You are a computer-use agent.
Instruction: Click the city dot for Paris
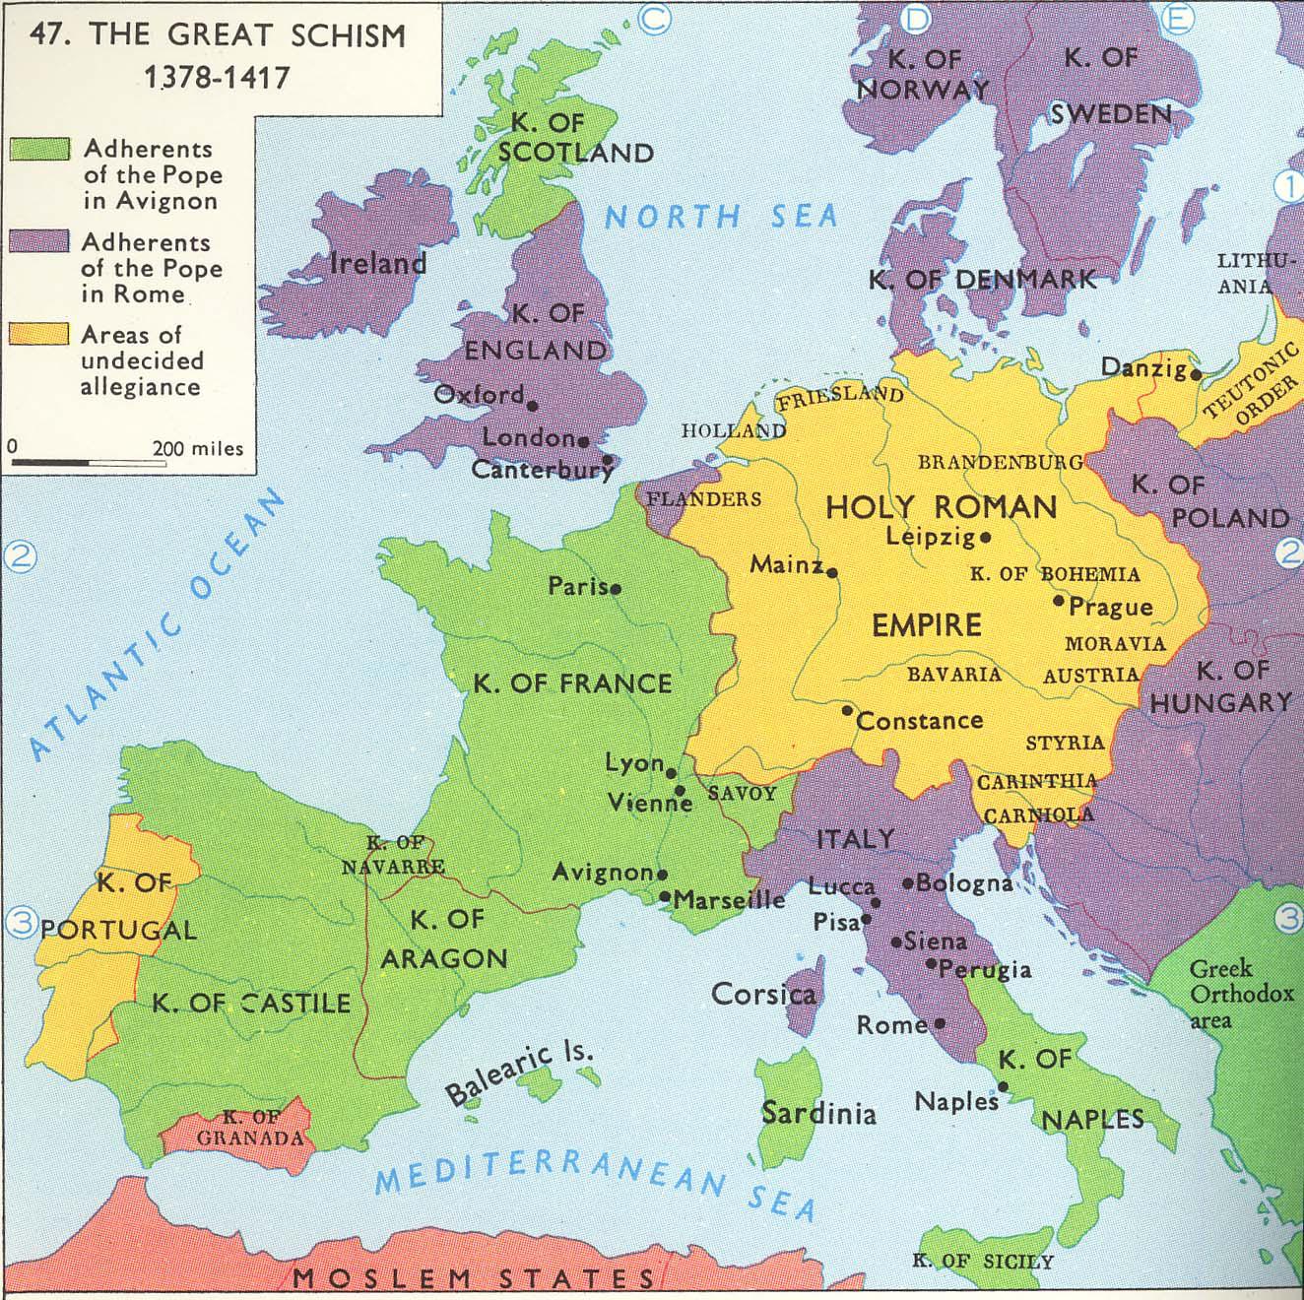point(616,589)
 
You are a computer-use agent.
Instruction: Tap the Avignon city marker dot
point(662,874)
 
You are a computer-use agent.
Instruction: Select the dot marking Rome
point(940,1024)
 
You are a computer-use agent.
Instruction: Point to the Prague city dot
point(1059,600)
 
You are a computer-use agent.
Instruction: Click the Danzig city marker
point(1196,374)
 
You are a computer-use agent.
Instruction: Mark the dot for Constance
point(847,710)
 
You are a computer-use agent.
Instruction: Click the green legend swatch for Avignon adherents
point(39,149)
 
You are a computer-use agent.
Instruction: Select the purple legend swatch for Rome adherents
point(39,242)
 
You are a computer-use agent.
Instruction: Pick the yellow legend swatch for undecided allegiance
point(39,335)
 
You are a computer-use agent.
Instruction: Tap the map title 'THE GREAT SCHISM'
point(246,35)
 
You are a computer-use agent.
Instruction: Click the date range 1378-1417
point(217,77)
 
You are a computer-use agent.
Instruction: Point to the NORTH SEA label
point(720,216)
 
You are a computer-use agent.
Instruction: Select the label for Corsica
point(763,994)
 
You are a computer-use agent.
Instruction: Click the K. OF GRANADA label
point(250,1128)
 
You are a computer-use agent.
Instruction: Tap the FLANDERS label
point(703,499)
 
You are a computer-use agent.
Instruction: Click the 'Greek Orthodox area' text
point(1239,994)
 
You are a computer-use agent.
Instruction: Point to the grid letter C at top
point(653,17)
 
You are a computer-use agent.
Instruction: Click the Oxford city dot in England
point(532,405)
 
